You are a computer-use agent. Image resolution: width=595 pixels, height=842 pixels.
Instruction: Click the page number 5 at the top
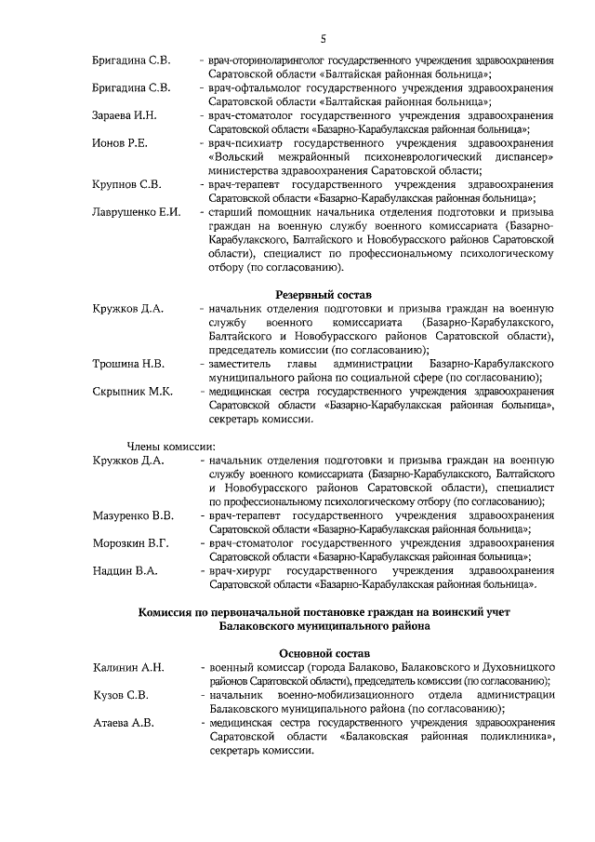coord(323,38)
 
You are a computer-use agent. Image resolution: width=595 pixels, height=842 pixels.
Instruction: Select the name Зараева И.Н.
coord(126,116)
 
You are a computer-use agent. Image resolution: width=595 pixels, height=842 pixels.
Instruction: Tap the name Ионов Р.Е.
coord(121,144)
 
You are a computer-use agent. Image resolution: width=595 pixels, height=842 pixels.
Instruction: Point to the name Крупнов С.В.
coord(126,184)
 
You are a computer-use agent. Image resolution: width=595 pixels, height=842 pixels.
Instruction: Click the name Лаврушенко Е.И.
coord(136,212)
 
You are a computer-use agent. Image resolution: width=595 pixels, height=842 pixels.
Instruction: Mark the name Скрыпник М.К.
coord(132,391)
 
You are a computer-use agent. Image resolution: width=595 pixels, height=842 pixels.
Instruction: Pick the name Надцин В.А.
coord(126,569)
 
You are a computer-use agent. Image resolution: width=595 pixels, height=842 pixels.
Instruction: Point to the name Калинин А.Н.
coord(128,668)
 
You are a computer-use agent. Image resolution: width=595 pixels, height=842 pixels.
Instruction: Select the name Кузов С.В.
coord(122,695)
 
